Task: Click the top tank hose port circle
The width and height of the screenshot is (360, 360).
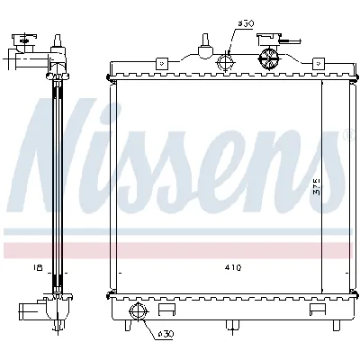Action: tap(227, 61)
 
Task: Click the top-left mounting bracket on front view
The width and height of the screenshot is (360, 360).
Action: tap(162, 63)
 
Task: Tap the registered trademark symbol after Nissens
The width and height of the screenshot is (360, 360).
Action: tap(350, 136)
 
